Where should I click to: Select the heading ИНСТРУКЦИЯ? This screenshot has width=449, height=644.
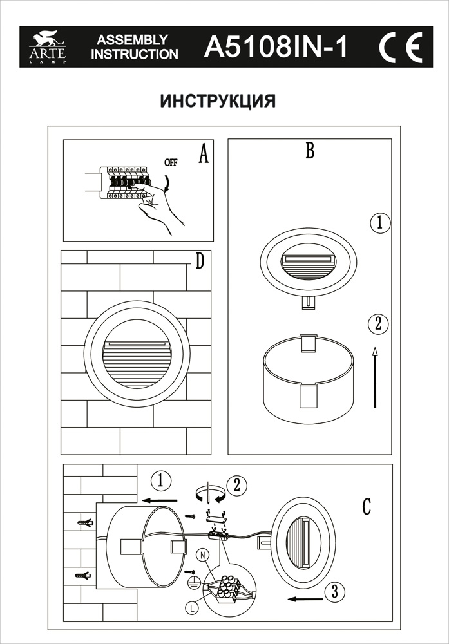pyautogui.click(x=218, y=102)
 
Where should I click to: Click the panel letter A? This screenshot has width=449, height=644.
pyautogui.click(x=204, y=155)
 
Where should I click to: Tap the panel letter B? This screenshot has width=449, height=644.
pyautogui.click(x=309, y=151)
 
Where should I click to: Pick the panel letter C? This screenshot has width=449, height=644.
pyautogui.click(x=366, y=507)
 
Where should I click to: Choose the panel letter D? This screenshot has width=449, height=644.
pyautogui.click(x=199, y=261)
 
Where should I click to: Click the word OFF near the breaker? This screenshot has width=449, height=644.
pyautogui.click(x=170, y=162)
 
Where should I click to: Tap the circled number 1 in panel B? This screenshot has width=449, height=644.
pyautogui.click(x=380, y=224)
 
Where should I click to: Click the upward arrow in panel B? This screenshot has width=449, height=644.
pyautogui.click(x=375, y=377)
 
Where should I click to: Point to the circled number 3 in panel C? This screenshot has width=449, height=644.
pyautogui.click(x=332, y=590)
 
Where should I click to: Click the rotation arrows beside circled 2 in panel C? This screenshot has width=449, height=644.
pyautogui.click(x=208, y=493)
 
